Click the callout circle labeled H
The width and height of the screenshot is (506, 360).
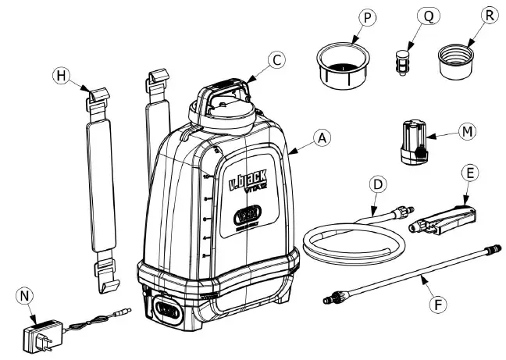tap(61, 76)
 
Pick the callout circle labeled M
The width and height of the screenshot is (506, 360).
tap(467, 130)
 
